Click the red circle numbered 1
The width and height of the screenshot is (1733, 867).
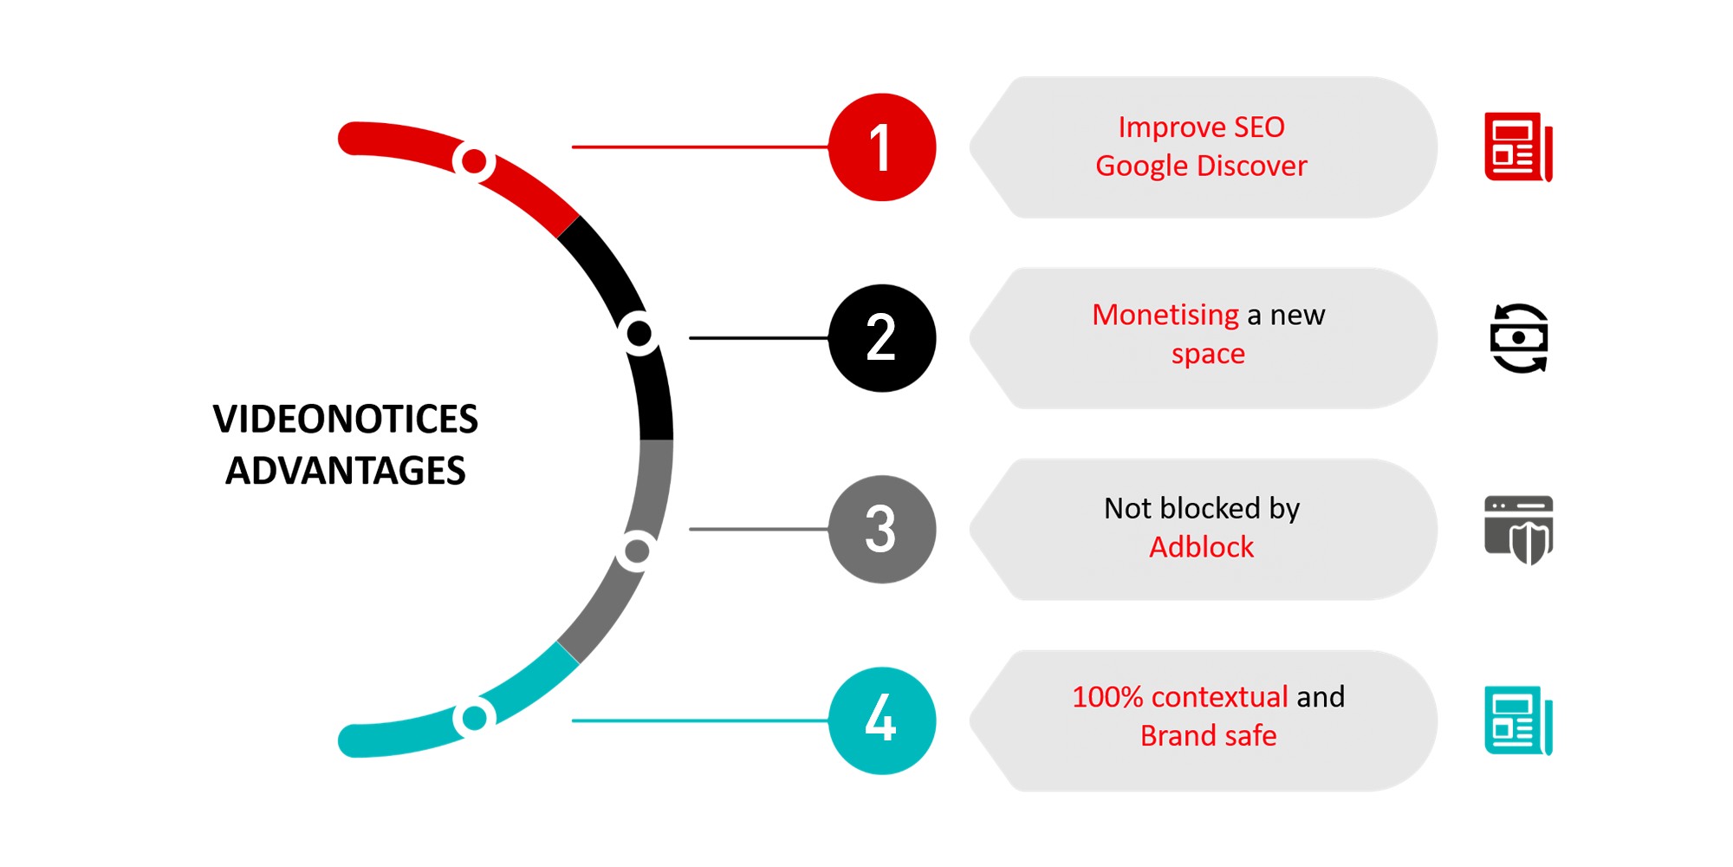point(880,148)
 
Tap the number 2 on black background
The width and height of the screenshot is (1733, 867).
point(880,337)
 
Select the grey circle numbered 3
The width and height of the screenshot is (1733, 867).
point(880,529)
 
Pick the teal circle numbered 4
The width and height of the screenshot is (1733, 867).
point(880,719)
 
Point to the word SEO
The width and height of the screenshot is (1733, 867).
point(1259,127)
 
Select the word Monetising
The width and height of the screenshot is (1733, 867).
point(1165,316)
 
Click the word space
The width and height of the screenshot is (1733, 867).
point(1208,355)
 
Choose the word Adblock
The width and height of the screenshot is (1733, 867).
point(1201,547)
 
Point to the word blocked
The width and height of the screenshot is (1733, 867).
point(1210,508)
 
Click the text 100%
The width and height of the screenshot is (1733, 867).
point(1107,697)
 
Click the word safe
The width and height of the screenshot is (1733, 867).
point(1250,736)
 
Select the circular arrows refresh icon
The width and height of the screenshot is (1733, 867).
point(1519,337)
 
